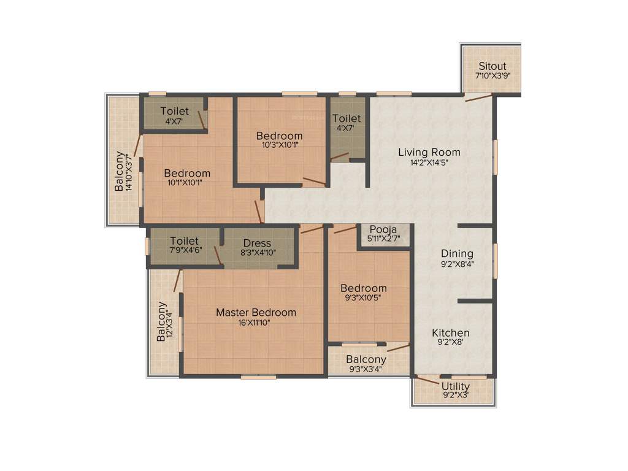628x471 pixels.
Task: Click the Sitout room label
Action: click(492, 66)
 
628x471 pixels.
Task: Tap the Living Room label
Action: click(429, 152)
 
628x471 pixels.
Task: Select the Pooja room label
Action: click(384, 229)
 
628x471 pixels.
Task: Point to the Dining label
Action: click(457, 253)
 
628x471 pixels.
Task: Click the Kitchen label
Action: click(451, 332)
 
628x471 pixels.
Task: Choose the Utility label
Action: click(456, 386)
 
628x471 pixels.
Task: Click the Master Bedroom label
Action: click(256, 312)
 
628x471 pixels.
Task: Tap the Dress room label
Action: click(257, 243)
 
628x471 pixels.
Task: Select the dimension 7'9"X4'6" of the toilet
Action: click(185, 250)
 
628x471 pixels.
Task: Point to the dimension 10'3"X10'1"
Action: click(279, 145)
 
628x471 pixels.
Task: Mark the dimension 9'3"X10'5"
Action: click(364, 298)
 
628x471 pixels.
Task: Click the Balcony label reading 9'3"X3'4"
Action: click(366, 359)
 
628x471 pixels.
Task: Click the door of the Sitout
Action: click(478, 97)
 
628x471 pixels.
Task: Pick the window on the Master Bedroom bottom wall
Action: click(258, 377)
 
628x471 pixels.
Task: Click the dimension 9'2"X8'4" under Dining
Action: click(457, 264)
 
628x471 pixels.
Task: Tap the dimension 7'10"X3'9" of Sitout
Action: click(492, 77)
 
